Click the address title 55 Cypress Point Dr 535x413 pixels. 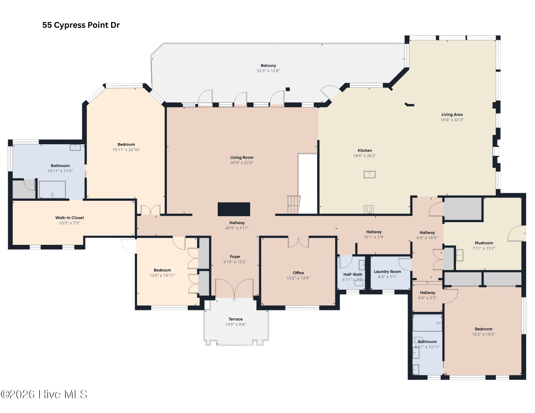click(x=81, y=25)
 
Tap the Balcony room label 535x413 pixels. click(x=268, y=65)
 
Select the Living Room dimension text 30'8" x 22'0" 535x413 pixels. click(x=242, y=163)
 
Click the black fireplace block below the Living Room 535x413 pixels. click(x=234, y=209)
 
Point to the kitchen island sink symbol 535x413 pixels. click(x=369, y=175)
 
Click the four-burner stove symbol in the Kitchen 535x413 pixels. click(x=369, y=209)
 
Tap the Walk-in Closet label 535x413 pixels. click(x=70, y=218)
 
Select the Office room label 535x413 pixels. click(x=298, y=273)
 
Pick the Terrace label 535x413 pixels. click(x=235, y=319)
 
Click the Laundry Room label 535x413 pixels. click(x=387, y=271)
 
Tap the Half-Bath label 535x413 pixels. click(x=353, y=274)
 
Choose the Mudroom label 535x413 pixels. click(x=484, y=243)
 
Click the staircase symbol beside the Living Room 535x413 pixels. click(x=294, y=205)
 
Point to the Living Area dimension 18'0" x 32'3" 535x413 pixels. click(x=452, y=120)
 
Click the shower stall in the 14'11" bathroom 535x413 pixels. click(x=52, y=190)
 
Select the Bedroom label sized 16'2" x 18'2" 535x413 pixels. click(x=483, y=329)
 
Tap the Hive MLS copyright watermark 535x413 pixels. click(x=44, y=394)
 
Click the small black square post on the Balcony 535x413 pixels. click(x=288, y=89)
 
